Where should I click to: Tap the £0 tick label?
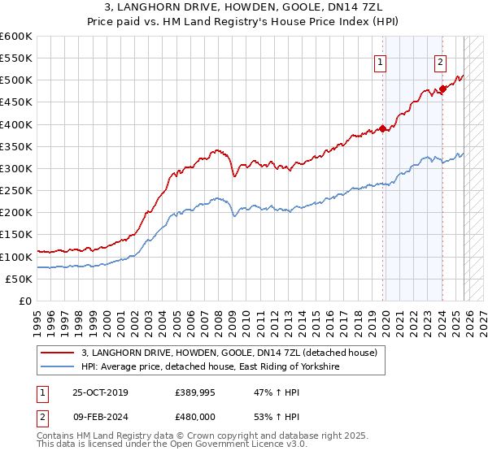click(24, 301)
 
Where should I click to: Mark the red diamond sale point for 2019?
click(382, 128)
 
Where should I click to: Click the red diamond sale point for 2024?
click(442, 89)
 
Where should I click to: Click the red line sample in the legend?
click(58, 353)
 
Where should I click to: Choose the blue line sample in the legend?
click(58, 367)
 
